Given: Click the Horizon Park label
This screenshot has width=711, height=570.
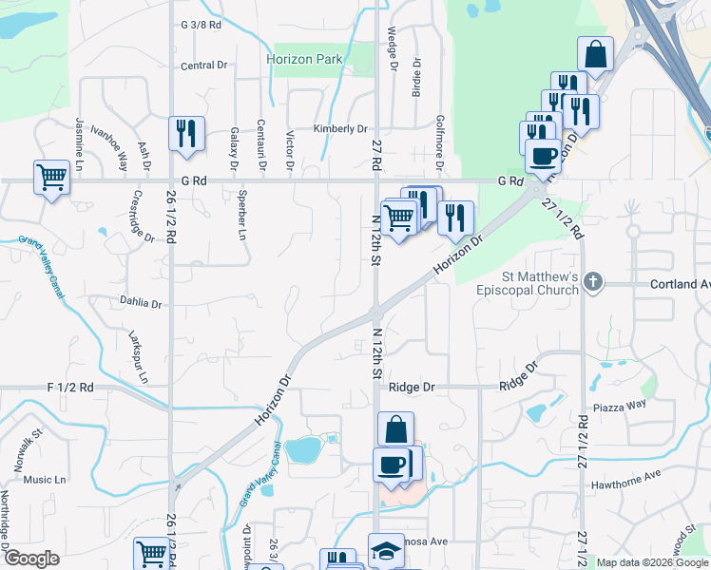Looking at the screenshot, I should click(x=304, y=59).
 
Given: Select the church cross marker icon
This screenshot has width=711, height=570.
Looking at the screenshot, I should click(x=593, y=281).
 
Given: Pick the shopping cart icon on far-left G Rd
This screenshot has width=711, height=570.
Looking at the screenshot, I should click(x=50, y=176).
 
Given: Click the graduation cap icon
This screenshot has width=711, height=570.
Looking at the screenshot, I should click(x=387, y=551).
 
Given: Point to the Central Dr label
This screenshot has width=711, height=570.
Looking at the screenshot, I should click(x=204, y=66).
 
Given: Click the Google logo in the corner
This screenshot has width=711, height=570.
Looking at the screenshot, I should click(x=31, y=559).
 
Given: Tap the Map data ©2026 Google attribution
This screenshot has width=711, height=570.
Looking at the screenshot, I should click(x=651, y=562).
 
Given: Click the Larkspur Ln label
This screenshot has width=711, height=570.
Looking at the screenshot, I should click(x=139, y=357).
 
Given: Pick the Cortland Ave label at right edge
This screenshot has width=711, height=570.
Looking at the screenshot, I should click(x=680, y=284).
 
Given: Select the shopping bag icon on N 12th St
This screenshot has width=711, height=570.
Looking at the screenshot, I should click(x=395, y=429).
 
